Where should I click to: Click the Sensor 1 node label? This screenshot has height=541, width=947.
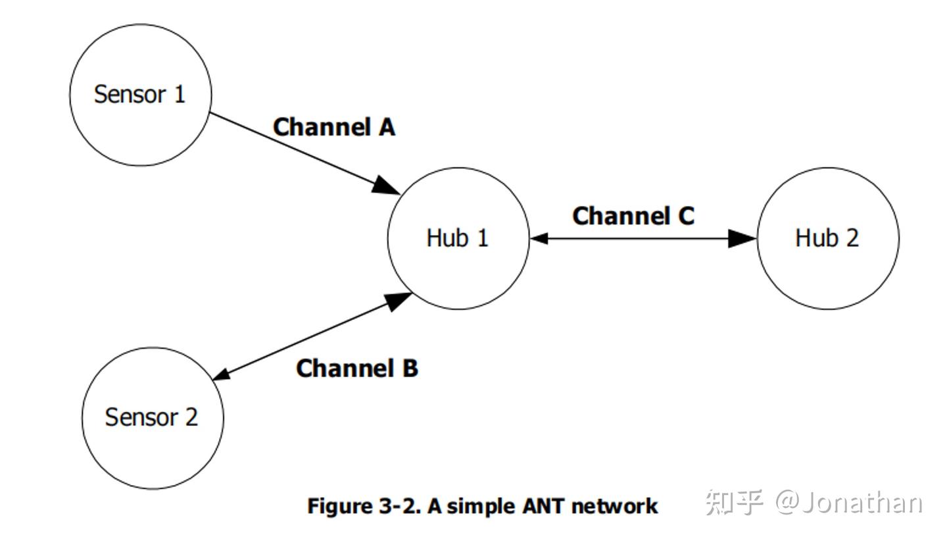pos(139,94)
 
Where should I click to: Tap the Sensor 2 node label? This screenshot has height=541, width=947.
pos(151,417)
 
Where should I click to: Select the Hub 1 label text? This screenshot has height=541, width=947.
pos(458,238)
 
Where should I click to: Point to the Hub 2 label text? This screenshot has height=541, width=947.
pos(827,238)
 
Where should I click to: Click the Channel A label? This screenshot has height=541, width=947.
pos(333,127)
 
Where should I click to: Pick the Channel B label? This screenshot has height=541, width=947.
pos(356,368)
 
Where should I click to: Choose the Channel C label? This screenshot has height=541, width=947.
pos(633,216)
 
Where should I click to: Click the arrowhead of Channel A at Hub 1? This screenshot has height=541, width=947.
pos(386,185)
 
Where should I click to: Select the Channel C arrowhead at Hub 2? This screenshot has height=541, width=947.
pos(742,238)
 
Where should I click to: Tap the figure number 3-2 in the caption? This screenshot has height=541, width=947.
pos(399,506)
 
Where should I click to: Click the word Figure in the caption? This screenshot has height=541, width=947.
pos(339,506)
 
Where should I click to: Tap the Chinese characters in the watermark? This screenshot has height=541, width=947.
pos(733,503)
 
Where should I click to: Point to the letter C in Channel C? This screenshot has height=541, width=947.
pos(685,216)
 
